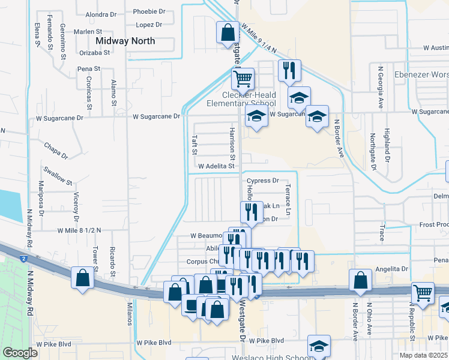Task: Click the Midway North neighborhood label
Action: tap(125, 41)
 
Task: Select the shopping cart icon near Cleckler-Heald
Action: tap(243, 78)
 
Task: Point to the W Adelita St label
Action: tap(215, 166)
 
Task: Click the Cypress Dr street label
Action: tap(263, 180)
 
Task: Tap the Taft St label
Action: tap(194, 144)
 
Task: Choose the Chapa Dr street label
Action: tap(58, 148)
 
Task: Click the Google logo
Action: tap(20, 353)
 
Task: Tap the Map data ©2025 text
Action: tap(423, 355)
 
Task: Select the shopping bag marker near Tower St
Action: tap(82, 277)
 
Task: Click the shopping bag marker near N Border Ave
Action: tap(360, 280)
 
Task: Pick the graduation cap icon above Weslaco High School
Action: tap(319, 345)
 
